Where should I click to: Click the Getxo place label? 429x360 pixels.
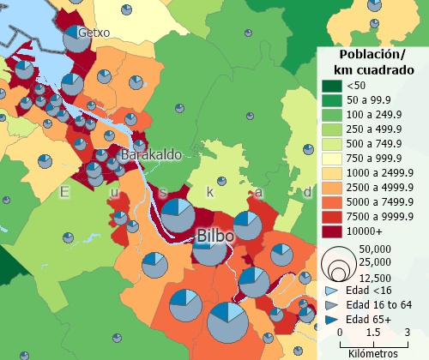94,33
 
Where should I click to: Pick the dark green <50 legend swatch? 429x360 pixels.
331,86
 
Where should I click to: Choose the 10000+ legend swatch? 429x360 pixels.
331,231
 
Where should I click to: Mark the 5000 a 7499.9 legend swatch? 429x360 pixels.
331,202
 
